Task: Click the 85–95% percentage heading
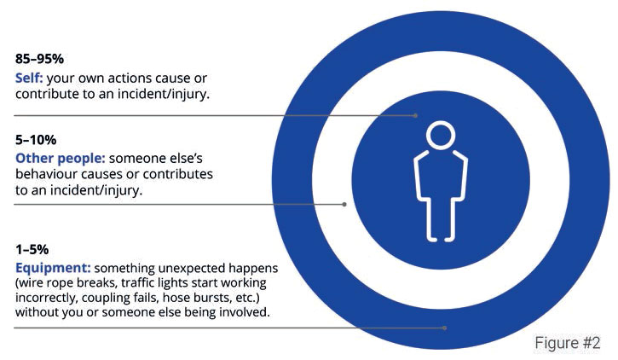pos(39,59)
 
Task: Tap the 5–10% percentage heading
pos(36,140)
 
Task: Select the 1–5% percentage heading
pos(32,250)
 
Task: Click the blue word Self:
pos(29,78)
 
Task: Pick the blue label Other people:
pos(61,159)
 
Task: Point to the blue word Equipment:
pos(53,268)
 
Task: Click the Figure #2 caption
pos(568,343)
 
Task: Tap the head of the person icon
pos(441,136)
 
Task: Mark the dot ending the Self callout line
pos(415,115)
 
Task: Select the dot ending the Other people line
pos(344,204)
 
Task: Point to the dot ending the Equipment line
pos(445,328)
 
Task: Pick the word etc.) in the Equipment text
pos(248,298)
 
